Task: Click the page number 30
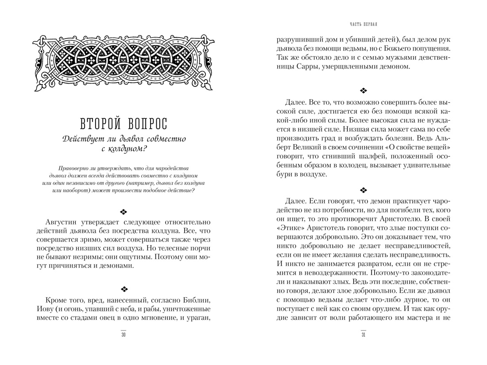point(124,335)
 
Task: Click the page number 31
point(363,335)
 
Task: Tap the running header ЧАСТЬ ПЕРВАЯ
point(363,23)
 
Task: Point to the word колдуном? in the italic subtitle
point(128,150)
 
